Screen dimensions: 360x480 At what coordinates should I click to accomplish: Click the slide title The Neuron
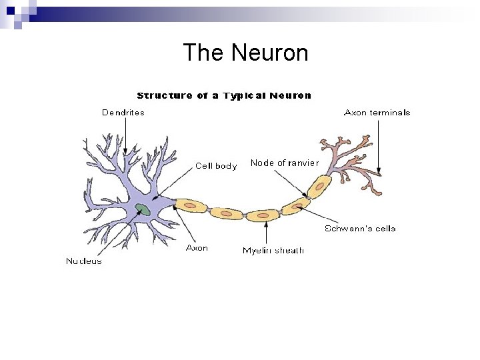(245, 53)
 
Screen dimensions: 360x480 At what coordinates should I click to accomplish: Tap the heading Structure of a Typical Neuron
(224, 95)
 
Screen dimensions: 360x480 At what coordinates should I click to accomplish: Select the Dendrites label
(123, 113)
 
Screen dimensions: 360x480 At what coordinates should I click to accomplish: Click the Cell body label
(215, 166)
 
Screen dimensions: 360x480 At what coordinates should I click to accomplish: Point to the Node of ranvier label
(285, 163)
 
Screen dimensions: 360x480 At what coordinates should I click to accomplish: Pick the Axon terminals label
(377, 113)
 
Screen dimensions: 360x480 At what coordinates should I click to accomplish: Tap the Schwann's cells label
(360, 229)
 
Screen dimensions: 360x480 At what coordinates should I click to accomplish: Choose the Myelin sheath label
(273, 251)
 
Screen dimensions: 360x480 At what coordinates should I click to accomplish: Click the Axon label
(197, 248)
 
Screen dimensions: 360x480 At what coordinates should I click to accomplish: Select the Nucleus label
(84, 261)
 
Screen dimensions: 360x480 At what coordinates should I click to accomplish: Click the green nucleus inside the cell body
(143, 209)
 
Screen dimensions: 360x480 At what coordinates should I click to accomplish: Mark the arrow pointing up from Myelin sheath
(266, 233)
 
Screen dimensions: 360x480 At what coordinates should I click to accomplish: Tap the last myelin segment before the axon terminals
(319, 186)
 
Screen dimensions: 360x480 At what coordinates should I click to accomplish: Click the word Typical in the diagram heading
(243, 95)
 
